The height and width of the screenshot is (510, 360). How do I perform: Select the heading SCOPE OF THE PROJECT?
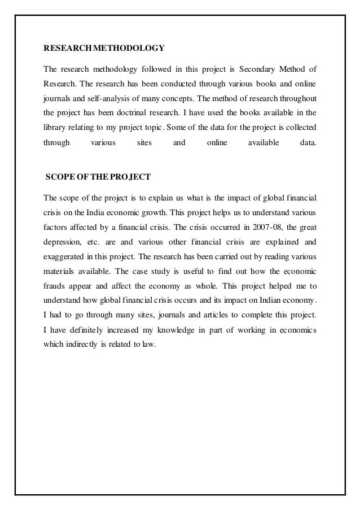98,177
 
